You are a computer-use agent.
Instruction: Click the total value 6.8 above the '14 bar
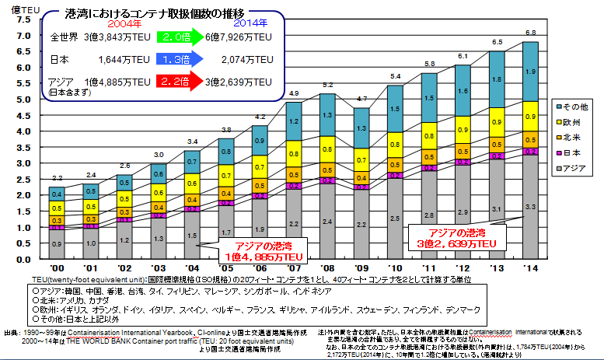tap(530, 33)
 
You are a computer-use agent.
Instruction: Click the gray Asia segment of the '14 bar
tap(530, 206)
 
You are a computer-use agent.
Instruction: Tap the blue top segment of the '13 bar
tap(496, 79)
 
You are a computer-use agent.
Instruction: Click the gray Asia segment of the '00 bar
tap(58, 244)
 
